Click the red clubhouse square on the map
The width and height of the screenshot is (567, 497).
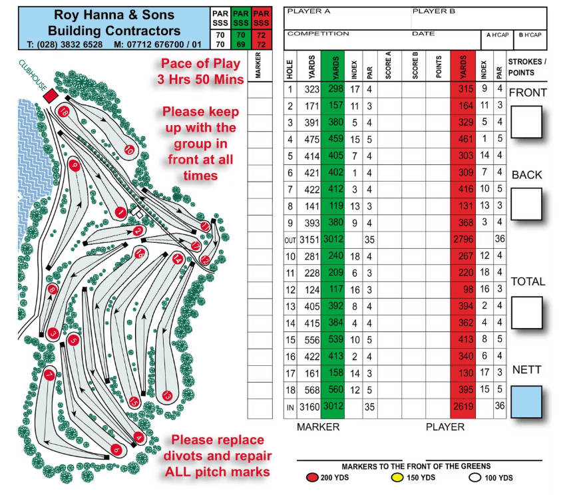click(x=51, y=96)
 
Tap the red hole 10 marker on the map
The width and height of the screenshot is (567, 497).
click(x=129, y=149)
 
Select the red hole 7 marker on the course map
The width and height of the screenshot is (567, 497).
click(x=49, y=375)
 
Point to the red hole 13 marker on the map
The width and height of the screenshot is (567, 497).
click(x=167, y=396)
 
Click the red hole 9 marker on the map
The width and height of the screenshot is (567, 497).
click(x=75, y=166)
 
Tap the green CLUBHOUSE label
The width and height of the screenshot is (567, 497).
click(x=33, y=75)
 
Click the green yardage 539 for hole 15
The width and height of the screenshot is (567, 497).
click(x=335, y=339)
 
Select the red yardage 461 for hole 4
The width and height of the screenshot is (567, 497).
click(x=465, y=139)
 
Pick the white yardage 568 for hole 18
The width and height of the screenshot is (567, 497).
click(x=311, y=391)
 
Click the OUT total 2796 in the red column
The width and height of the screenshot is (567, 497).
click(x=463, y=240)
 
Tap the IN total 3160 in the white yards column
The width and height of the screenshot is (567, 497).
click(x=309, y=407)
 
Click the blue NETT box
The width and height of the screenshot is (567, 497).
click(x=526, y=402)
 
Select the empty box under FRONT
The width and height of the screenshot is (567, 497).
click(x=526, y=122)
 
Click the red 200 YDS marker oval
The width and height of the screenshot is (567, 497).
click(x=311, y=478)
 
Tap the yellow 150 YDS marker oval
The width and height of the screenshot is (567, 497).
click(x=397, y=478)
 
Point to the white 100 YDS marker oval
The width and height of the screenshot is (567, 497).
click(x=474, y=478)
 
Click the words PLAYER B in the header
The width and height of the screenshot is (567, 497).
click(x=433, y=11)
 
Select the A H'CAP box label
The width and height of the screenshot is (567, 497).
click(x=497, y=35)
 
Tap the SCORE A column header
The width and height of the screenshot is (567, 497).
click(x=389, y=65)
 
